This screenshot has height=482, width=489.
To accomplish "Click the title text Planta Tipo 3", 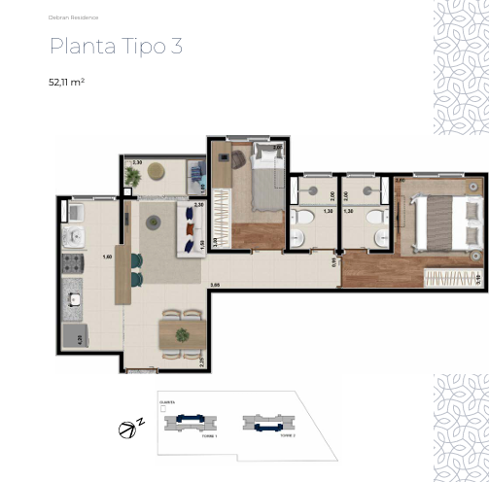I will point(116,47).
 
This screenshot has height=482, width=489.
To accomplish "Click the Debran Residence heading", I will point(73,17).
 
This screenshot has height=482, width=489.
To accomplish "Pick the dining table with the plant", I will point(182,333).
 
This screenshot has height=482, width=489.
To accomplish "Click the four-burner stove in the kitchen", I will point(73,263).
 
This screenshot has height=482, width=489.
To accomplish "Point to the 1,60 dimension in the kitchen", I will point(107,257).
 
